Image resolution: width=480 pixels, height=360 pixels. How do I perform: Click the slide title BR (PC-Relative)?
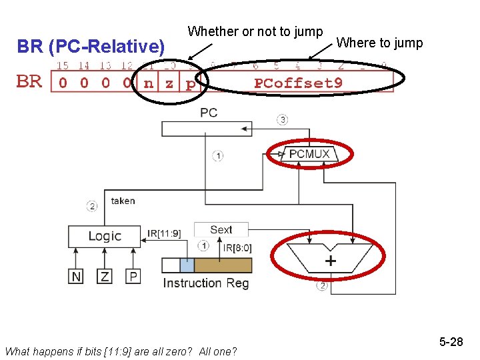[x=91, y=47]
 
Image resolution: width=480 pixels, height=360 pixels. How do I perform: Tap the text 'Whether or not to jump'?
[x=255, y=31]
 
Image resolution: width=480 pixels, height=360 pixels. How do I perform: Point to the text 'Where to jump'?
[x=379, y=43]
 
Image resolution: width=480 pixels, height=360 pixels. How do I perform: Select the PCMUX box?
[x=309, y=155]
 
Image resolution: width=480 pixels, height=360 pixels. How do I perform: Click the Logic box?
[x=105, y=236]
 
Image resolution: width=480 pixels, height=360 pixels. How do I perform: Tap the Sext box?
[x=221, y=230]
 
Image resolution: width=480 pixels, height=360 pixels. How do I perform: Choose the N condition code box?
[x=77, y=275]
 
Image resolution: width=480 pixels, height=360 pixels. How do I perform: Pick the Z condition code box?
[x=105, y=275]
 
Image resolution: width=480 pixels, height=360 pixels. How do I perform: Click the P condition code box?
[x=134, y=275]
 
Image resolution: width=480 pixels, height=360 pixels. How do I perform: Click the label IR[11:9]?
[x=164, y=234]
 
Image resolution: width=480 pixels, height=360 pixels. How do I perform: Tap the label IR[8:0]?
[x=237, y=248]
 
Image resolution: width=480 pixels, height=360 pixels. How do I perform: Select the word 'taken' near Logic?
[x=123, y=201]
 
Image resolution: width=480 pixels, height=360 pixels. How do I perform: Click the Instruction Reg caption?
[x=206, y=283]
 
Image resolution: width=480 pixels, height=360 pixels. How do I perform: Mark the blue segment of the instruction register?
[x=187, y=265]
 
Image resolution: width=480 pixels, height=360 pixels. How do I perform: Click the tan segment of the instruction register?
[x=223, y=265]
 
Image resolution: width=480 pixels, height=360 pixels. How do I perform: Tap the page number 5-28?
[x=451, y=342]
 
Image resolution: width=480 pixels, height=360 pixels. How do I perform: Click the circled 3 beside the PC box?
[x=283, y=120]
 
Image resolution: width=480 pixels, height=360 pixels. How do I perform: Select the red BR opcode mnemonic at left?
[x=29, y=82]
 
